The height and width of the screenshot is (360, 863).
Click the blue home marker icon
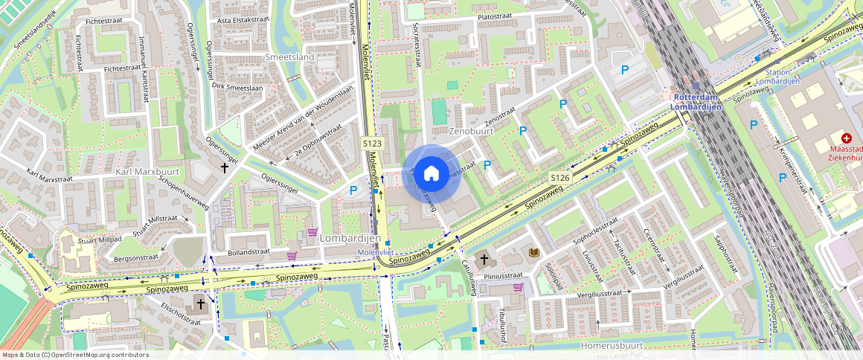[431, 174]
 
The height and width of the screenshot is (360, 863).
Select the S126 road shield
[560, 178]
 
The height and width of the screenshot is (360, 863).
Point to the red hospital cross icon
[847, 138]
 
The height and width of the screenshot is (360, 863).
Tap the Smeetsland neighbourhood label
[289, 57]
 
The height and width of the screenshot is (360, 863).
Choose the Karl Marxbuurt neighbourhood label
[148, 172]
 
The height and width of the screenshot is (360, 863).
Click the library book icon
[533, 253]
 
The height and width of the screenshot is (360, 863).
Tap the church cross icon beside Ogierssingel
[225, 168]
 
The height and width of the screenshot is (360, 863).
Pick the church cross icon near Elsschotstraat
[200, 303]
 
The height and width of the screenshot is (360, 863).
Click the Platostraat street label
[498, 15]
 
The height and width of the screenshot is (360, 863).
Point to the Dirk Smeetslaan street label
[238, 86]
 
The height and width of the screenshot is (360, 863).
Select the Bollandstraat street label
[248, 252]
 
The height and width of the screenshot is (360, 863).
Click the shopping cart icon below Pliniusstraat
[518, 287]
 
